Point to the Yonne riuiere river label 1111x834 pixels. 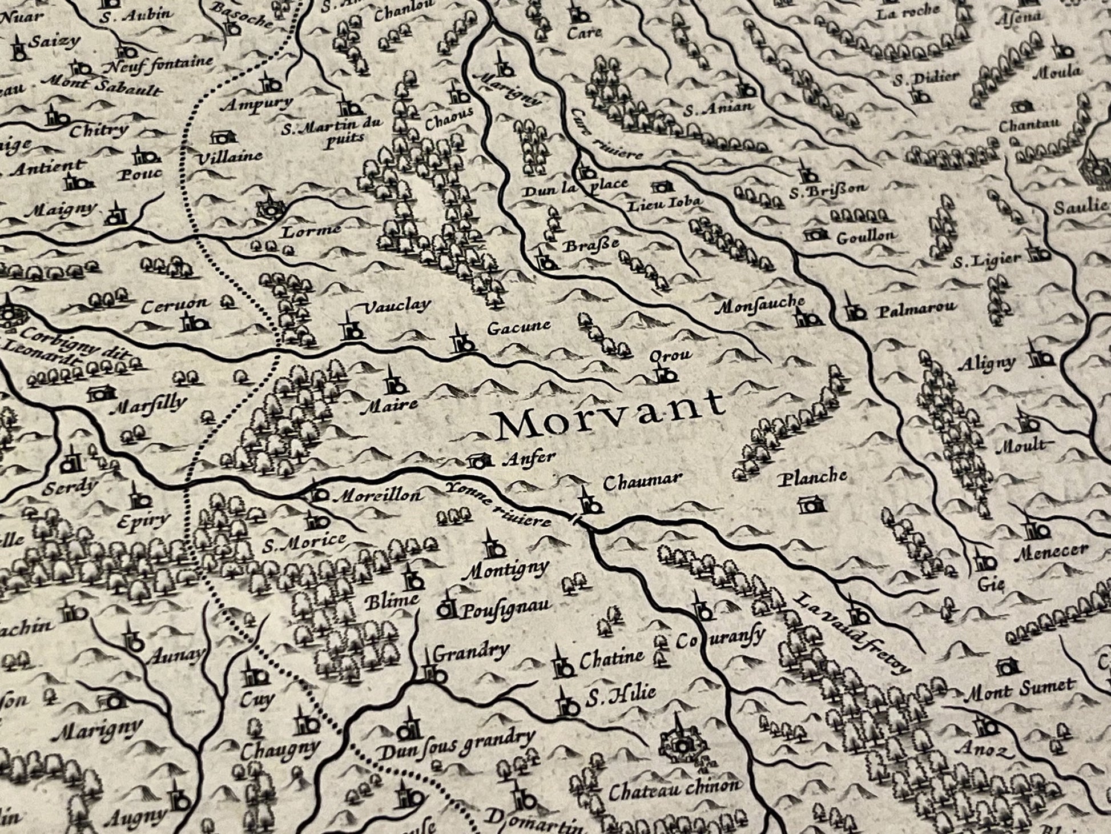click(x=498, y=503)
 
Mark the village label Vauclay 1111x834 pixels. click(x=396, y=306)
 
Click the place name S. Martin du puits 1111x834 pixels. click(x=327, y=131)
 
